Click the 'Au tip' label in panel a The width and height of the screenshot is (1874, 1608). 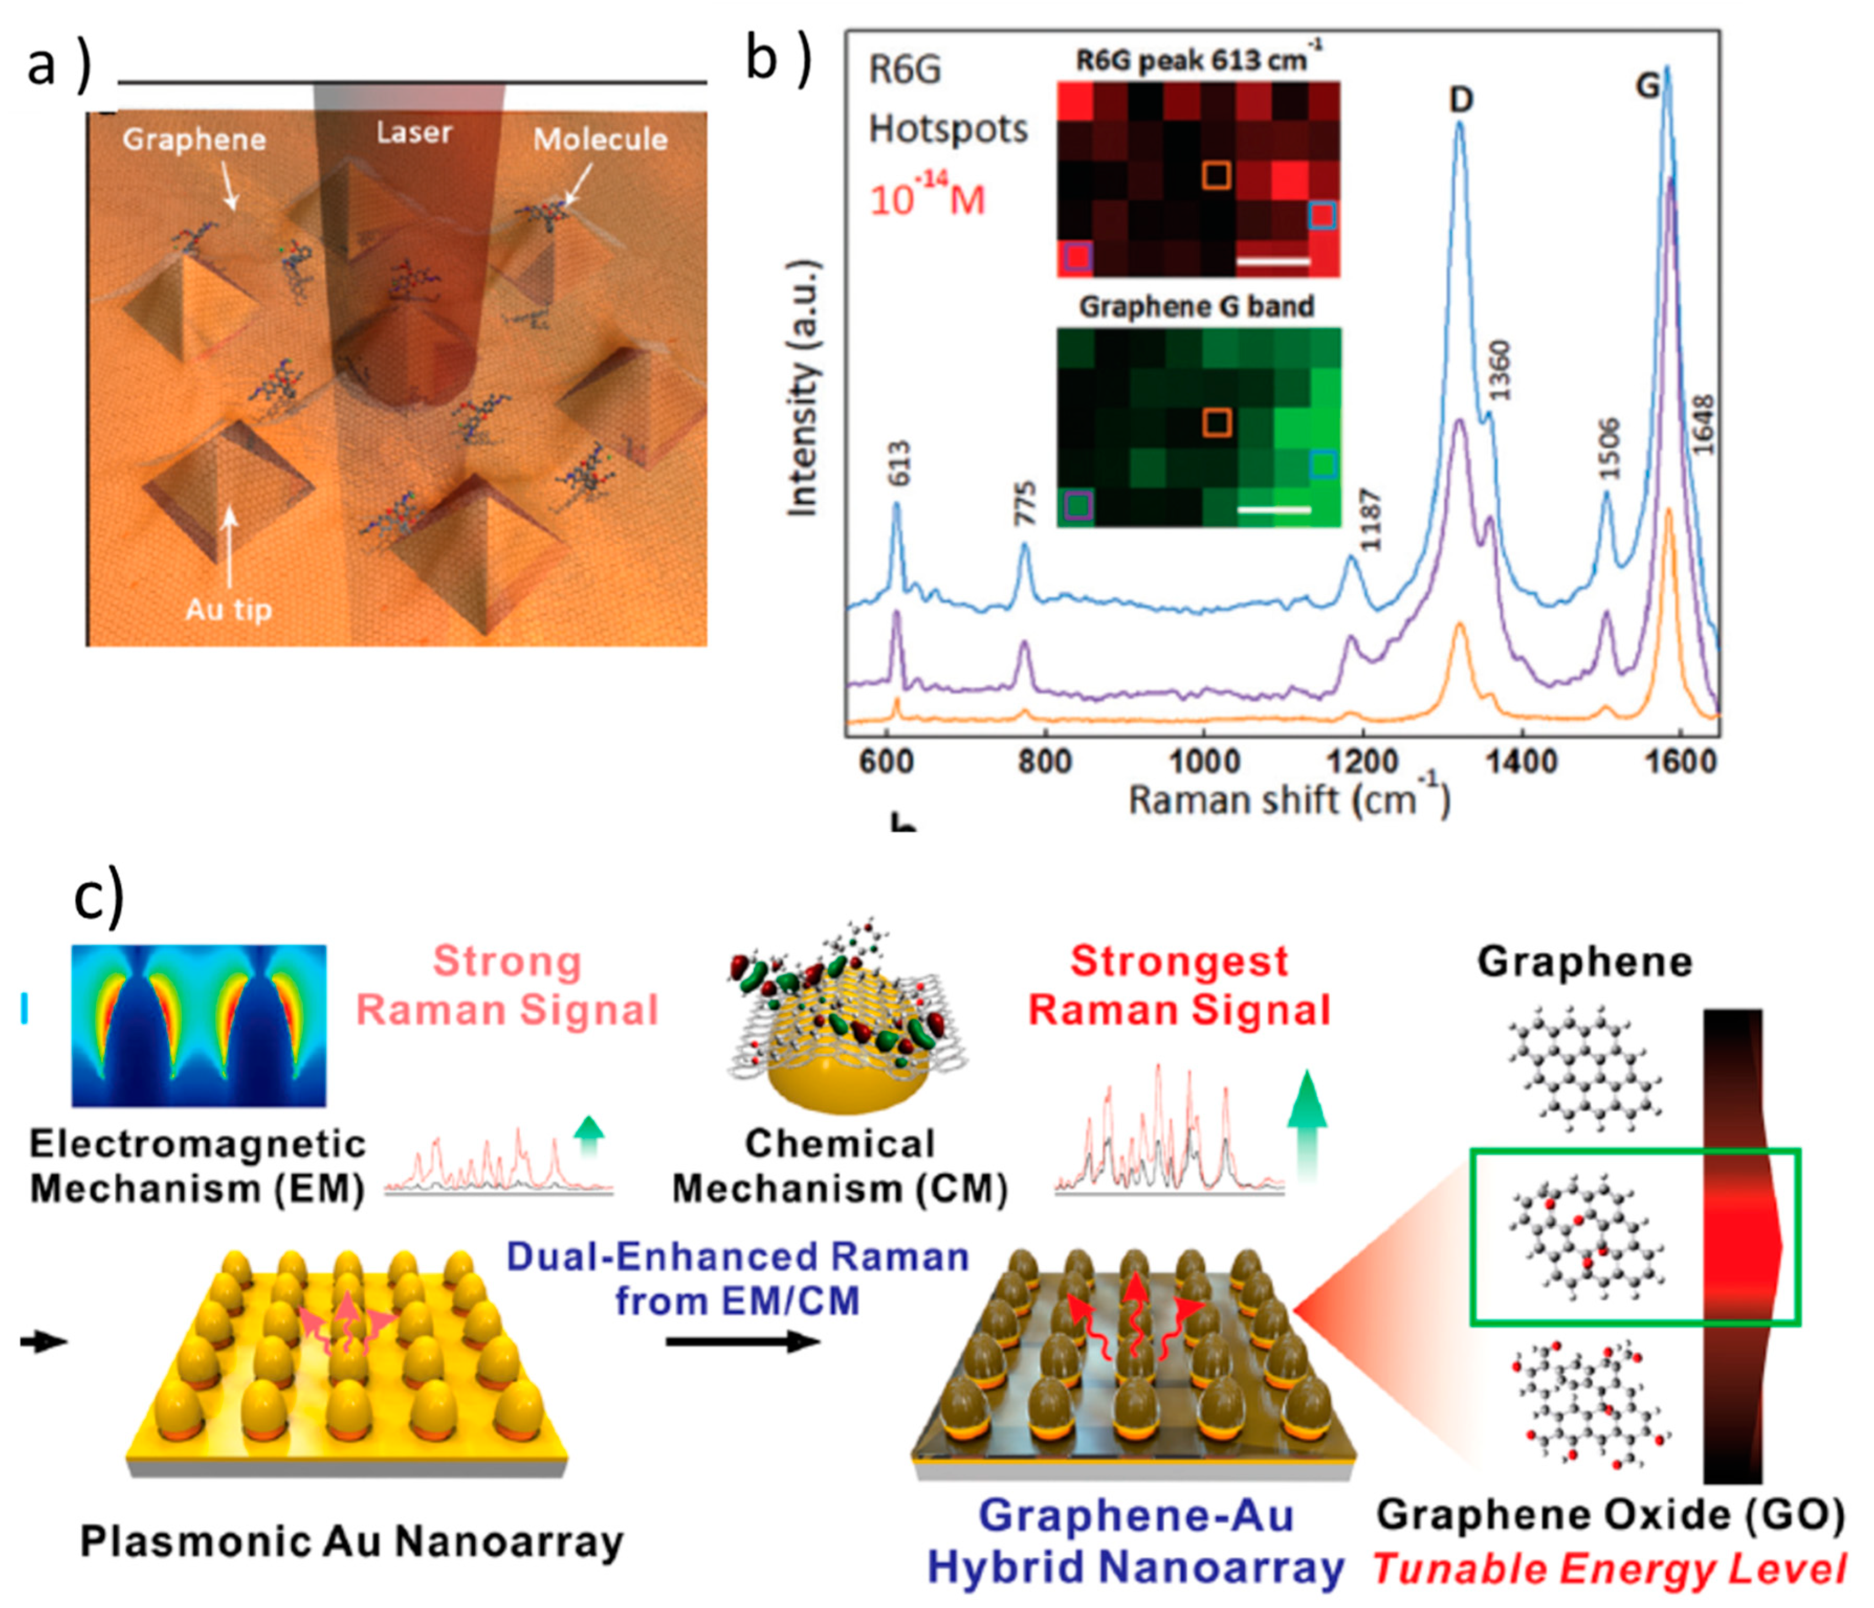228,610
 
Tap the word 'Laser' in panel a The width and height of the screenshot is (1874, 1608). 414,133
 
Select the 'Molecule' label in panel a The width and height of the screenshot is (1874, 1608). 601,139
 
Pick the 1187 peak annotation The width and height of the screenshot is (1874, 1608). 1371,520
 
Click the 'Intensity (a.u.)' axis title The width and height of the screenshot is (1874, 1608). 803,389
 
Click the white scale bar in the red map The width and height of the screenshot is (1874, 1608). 1273,261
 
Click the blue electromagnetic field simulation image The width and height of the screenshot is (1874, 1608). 198,1025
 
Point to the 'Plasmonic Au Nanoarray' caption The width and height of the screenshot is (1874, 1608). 351,1542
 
